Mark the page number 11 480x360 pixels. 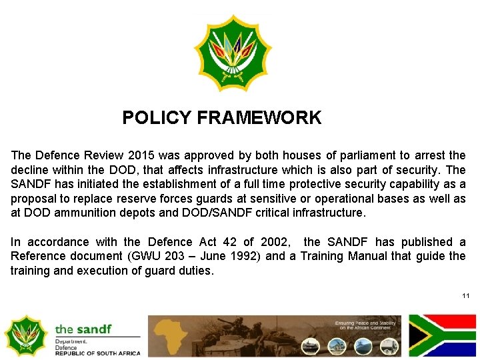pyautogui.click(x=465, y=295)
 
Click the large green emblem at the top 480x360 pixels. pyautogui.click(x=233, y=53)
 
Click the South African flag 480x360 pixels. pyautogui.click(x=443, y=335)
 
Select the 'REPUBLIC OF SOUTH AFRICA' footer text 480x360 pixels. pyautogui.click(x=97, y=353)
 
